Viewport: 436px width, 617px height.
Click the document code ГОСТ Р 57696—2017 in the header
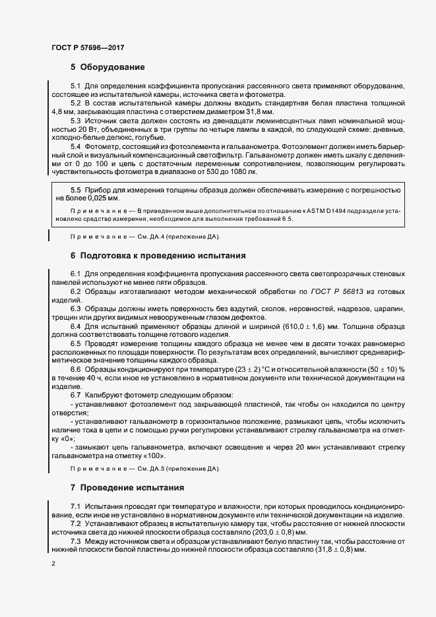pyautogui.click(x=87, y=47)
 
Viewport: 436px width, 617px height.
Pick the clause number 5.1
pyautogui.click(x=75, y=86)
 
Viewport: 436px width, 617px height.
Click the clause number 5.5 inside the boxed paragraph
pyautogui.click(x=75, y=189)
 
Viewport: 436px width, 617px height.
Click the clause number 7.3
pyautogui.click(x=75, y=541)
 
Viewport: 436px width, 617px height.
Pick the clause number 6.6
pyautogui.click(x=75, y=368)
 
